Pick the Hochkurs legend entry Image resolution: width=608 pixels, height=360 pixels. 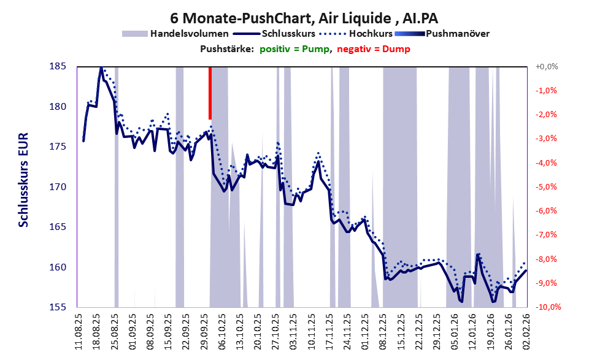371,33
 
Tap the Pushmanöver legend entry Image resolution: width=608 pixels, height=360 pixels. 457,33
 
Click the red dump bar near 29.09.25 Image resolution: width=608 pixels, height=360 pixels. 210,93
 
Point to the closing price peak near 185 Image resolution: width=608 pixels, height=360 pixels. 101,67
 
